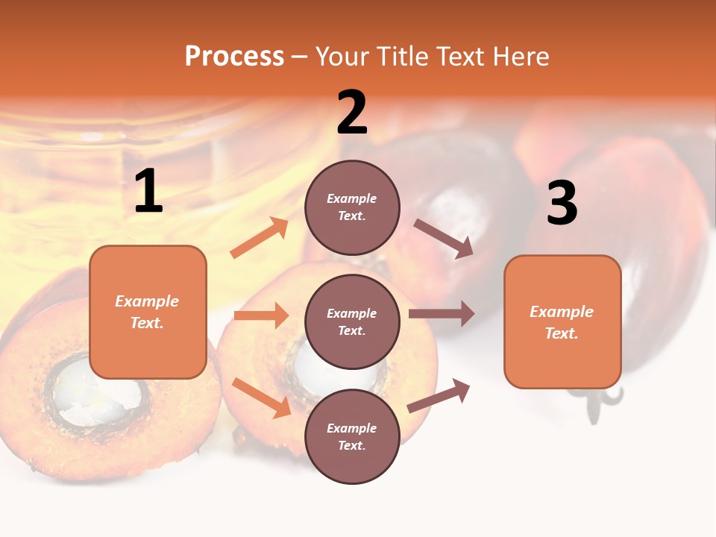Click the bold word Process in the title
tap(234, 56)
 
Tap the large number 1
tap(148, 192)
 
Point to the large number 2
tap(352, 113)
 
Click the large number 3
tap(562, 203)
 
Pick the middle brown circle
tap(352, 321)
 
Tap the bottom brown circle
tap(352, 436)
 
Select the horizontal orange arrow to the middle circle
tap(261, 315)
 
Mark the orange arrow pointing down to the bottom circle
tap(261, 398)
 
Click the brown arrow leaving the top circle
tap(444, 239)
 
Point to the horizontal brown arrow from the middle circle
tap(442, 314)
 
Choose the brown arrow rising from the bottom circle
tap(439, 396)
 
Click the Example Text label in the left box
tap(147, 312)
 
